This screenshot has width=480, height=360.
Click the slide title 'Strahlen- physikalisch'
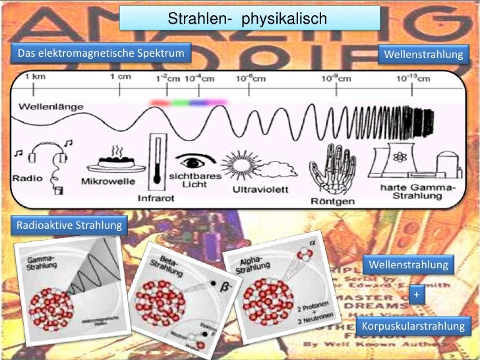pos(250,19)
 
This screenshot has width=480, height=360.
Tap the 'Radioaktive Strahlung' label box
pos(68,225)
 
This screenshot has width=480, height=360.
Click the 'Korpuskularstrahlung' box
pos(413,326)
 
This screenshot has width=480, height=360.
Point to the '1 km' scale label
pos(35,77)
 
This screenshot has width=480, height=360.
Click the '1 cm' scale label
pos(120,77)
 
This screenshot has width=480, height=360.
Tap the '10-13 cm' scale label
pos(413,78)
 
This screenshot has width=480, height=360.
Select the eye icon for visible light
pos(196,160)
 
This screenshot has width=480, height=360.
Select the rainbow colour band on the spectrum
pos(188,102)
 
